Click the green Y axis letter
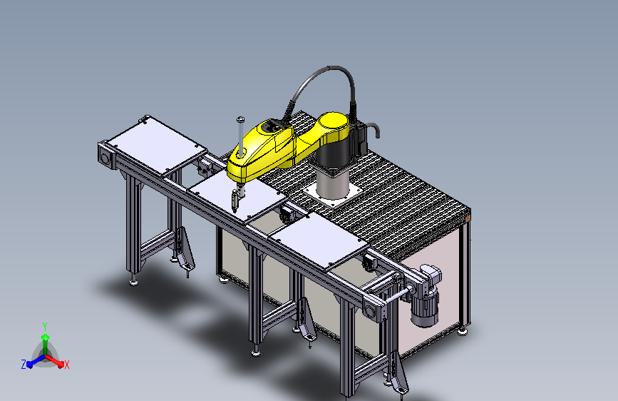point(45,326)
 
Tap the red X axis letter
point(66,365)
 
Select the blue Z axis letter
point(24,365)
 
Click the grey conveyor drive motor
point(426,296)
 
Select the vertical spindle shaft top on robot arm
point(240,118)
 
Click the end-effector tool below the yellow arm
point(237,198)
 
